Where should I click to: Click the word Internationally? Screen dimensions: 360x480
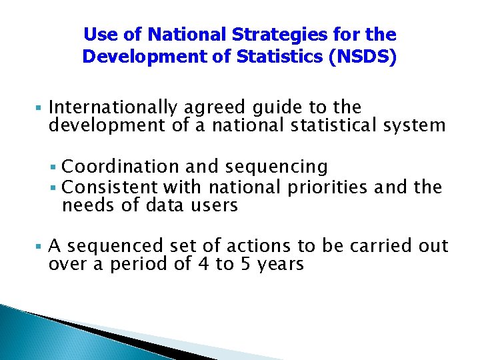pyautogui.click(x=112, y=107)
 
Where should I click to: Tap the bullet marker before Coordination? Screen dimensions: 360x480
pyautogui.click(x=55, y=166)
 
